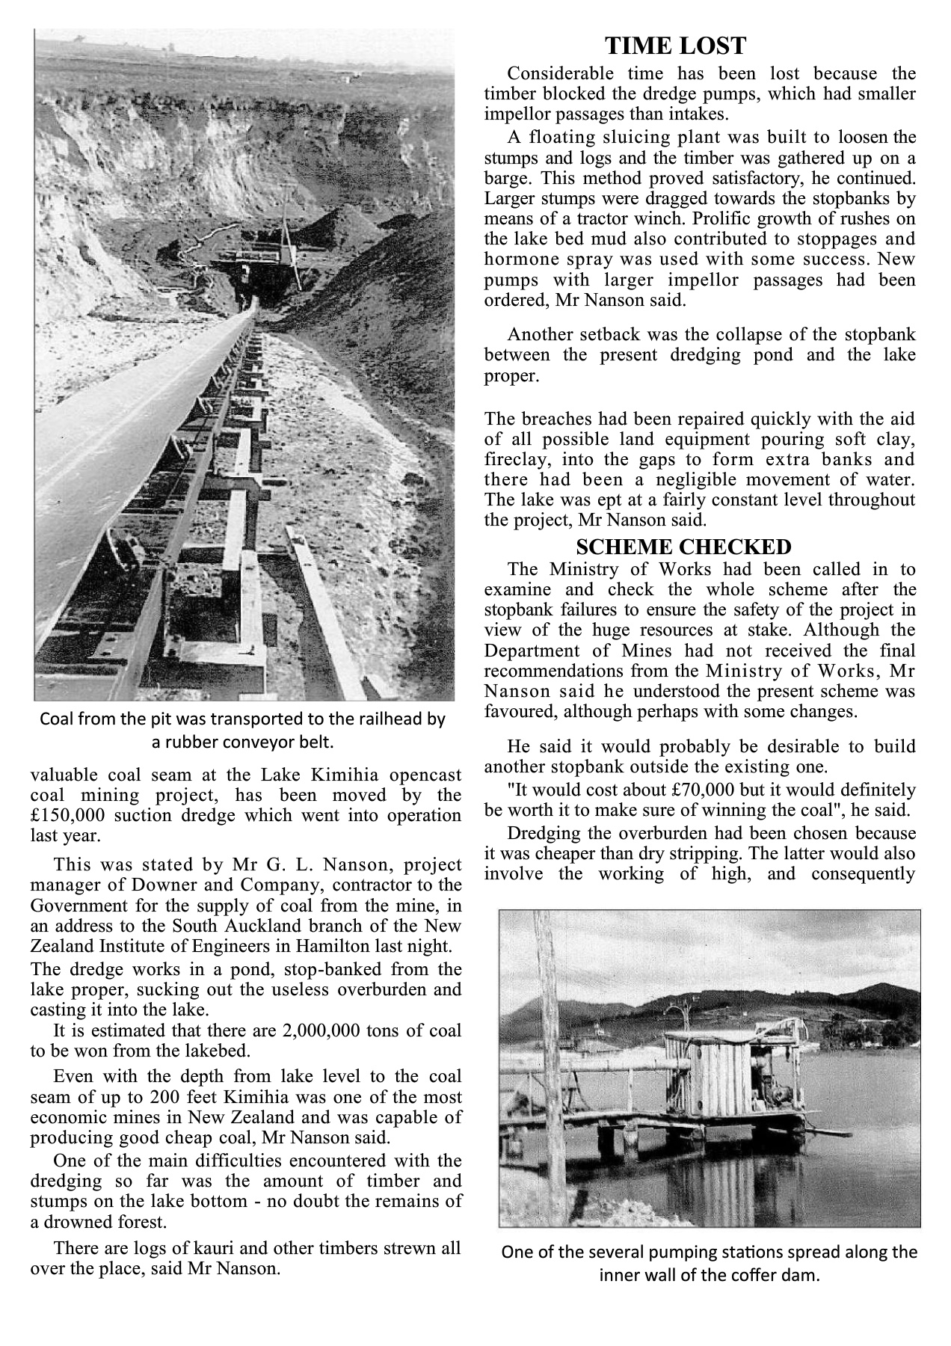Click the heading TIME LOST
coord(675,46)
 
